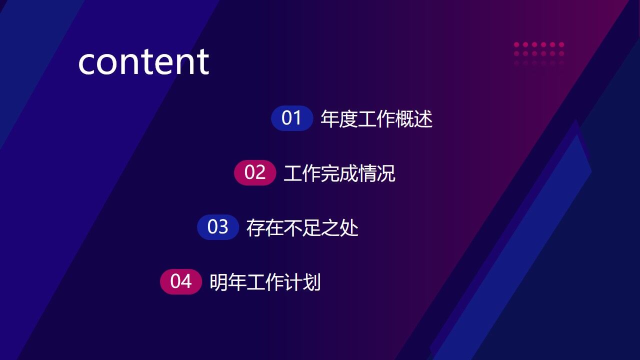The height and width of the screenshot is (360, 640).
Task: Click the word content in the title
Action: [143, 62]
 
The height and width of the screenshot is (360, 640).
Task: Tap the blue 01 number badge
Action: [292, 118]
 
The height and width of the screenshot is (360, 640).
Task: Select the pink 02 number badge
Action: [255, 173]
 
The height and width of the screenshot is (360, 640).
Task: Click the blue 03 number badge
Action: [218, 227]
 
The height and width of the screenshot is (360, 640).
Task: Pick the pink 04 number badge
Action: [181, 282]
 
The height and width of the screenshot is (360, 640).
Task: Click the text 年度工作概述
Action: [376, 119]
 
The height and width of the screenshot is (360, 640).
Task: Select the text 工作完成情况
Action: [339, 173]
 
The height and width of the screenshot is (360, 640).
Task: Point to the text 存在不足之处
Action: [302, 228]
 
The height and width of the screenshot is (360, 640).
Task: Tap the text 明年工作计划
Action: [265, 282]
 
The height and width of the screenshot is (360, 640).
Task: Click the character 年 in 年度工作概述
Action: [330, 119]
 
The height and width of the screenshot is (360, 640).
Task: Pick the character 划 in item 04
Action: [312, 282]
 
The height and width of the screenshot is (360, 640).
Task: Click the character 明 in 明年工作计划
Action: [218, 282]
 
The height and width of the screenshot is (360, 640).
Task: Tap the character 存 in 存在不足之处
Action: [255, 228]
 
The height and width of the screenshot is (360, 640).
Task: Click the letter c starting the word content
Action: [87, 63]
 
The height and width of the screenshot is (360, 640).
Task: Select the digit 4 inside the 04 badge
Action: [186, 282]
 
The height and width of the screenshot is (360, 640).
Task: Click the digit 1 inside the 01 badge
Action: [298, 118]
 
